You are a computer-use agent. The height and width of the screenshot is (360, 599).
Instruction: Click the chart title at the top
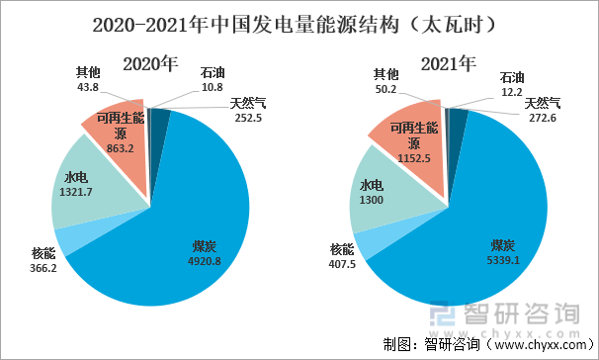point(299,21)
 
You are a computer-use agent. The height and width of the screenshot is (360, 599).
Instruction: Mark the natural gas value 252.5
point(248,117)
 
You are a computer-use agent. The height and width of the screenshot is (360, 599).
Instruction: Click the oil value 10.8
point(213,87)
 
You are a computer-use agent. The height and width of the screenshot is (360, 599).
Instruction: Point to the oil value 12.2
point(511,91)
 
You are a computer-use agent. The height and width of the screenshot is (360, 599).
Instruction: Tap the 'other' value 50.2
point(385,89)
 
